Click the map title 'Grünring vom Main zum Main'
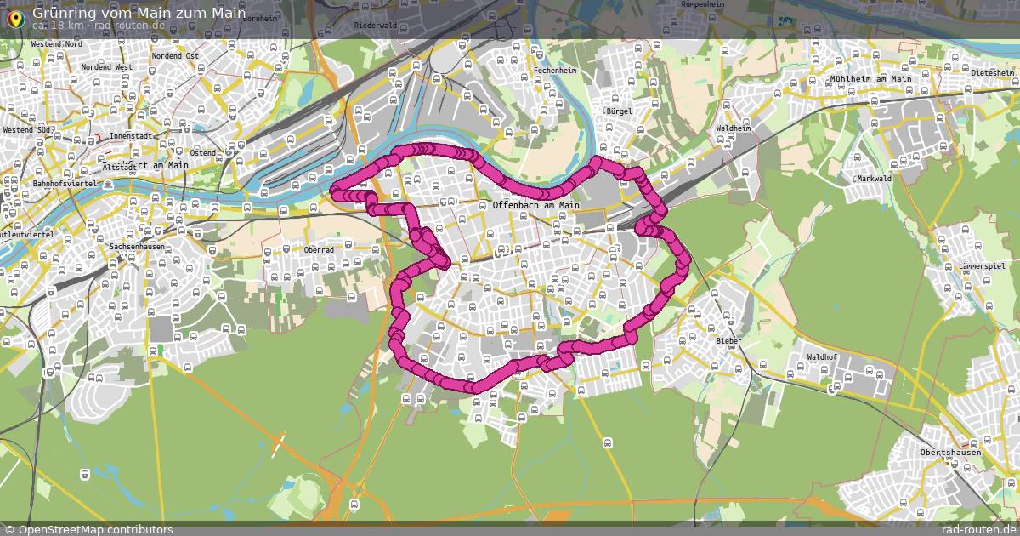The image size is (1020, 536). [x=139, y=14]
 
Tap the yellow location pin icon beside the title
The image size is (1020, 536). [x=14, y=16]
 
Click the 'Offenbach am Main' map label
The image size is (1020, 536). [x=535, y=205]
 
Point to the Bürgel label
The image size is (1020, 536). [x=619, y=111]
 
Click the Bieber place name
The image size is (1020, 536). [x=728, y=341]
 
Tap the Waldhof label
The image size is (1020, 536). [x=823, y=357]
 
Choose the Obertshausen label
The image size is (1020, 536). [x=950, y=453]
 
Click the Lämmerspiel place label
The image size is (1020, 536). [x=981, y=266]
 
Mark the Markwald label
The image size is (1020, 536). [x=874, y=179]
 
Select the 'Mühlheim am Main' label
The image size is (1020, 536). [x=870, y=79]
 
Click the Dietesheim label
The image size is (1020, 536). [x=994, y=73]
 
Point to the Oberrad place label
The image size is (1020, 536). [x=319, y=250]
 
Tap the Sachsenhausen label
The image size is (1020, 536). [x=137, y=247]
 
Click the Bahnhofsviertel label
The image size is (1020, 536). [x=66, y=184]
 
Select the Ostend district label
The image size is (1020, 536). [x=203, y=152]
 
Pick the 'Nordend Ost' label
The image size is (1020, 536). [x=175, y=56]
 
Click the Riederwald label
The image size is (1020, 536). [x=375, y=26]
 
